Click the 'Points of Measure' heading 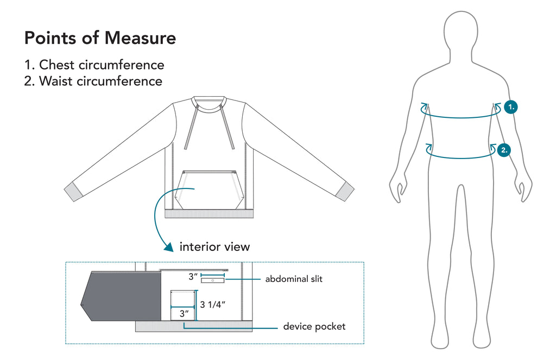pyautogui.click(x=100, y=38)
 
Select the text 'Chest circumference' pyautogui.click(x=102, y=65)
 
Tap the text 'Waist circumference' pyautogui.click(x=100, y=81)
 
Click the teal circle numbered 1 pyautogui.click(x=510, y=107)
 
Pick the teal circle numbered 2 pyautogui.click(x=504, y=150)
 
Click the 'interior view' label pyautogui.click(x=214, y=247)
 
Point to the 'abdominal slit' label pyautogui.click(x=294, y=279)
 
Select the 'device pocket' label pyautogui.click(x=314, y=327)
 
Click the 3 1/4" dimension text pyautogui.click(x=213, y=305)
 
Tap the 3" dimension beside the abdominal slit pyautogui.click(x=193, y=276)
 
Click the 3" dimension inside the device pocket pyautogui.click(x=184, y=313)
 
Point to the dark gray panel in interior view pyautogui.click(x=121, y=296)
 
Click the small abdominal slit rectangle pyautogui.click(x=213, y=281)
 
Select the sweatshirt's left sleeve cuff pyautogui.click(x=73, y=192)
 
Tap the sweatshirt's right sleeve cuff pyautogui.click(x=345, y=192)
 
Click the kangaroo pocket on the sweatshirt pyautogui.click(x=210, y=190)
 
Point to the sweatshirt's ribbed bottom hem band pyautogui.click(x=209, y=213)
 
